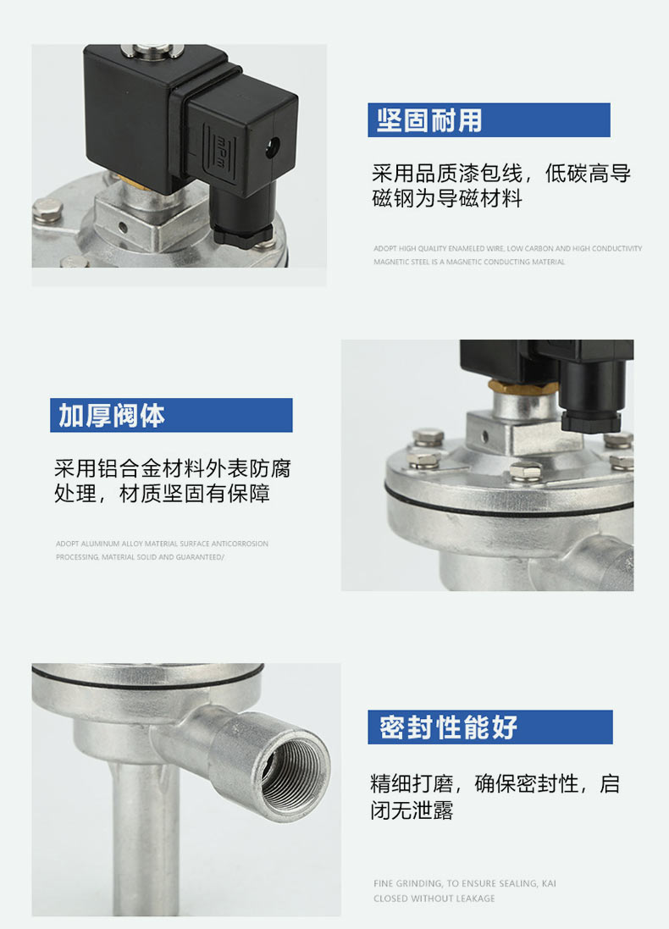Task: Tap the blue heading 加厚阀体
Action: tap(112, 415)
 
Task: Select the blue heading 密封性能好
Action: tap(448, 727)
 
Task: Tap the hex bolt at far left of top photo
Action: tap(47, 210)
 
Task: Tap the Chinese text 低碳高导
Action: tap(588, 173)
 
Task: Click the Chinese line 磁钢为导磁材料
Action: tap(447, 198)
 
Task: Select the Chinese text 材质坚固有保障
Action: tap(195, 494)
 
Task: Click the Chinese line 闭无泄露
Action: tap(412, 810)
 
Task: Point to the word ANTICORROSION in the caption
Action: tap(240, 544)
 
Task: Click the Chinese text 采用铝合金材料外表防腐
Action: tap(173, 468)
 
